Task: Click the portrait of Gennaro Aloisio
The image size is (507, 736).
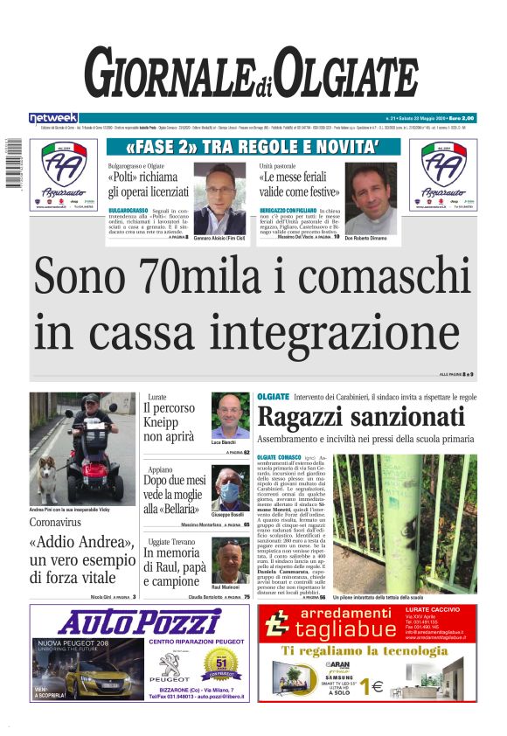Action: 219,198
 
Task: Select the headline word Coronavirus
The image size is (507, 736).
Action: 65,523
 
